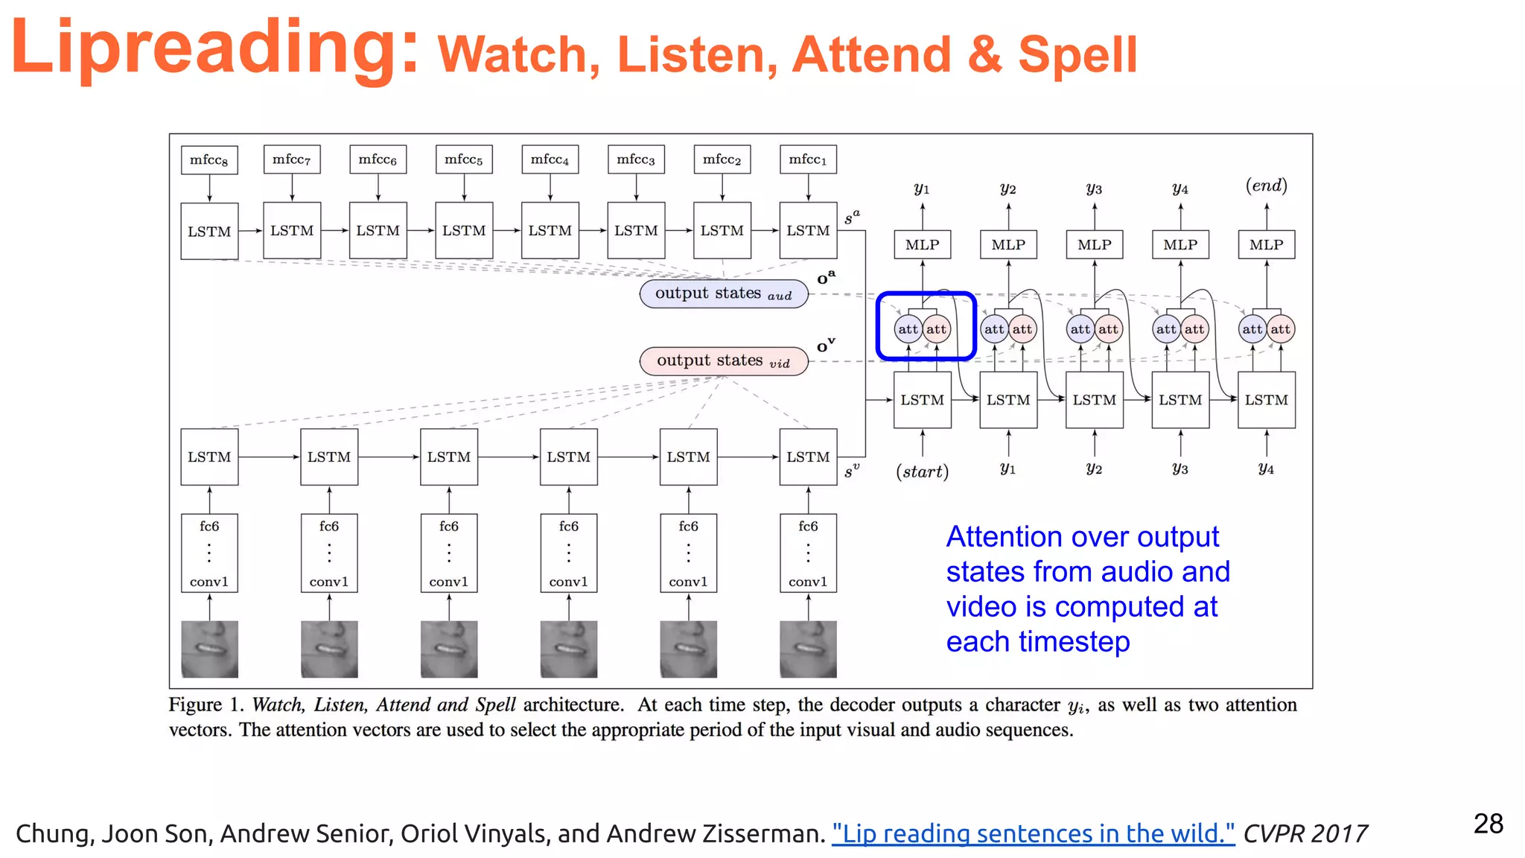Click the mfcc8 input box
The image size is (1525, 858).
[209, 160]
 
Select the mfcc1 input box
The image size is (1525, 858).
[808, 159]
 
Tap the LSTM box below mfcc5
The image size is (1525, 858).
[464, 231]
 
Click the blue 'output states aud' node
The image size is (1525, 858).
[724, 293]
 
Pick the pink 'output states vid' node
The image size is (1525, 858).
[724, 361]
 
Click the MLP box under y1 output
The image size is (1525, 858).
[922, 244]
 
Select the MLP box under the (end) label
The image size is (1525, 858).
[1266, 244]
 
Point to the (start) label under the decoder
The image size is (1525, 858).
[922, 471]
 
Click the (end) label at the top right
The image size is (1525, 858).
[1266, 185]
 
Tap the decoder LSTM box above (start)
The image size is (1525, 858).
[922, 400]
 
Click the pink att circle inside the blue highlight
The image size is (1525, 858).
[937, 329]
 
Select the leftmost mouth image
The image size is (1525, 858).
[209, 649]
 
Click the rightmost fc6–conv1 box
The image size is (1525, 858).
[808, 553]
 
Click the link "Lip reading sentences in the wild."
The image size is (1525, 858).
[1033, 833]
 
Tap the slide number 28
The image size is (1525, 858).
[1488, 824]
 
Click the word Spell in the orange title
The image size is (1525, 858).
[1077, 54]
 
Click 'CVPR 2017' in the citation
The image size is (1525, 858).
[1305, 833]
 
